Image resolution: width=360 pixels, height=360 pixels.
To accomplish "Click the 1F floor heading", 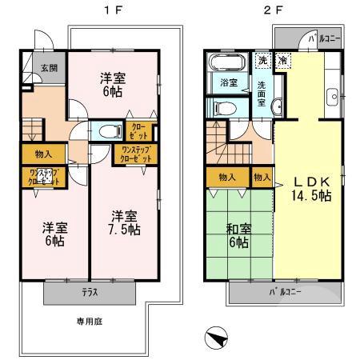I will coord(106,11).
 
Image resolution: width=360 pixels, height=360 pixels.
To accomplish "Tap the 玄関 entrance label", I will coord(28,67).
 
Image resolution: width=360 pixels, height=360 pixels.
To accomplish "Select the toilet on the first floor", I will coord(109,131).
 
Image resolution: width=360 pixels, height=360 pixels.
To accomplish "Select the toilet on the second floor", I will coord(222,107).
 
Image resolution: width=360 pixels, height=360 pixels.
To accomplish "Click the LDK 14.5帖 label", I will coord(306,187).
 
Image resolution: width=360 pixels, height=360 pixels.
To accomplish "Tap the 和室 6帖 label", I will coord(238,237).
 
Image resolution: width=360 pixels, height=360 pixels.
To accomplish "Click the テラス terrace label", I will coord(90,292).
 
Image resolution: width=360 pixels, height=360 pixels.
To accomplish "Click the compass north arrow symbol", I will coord(216,338).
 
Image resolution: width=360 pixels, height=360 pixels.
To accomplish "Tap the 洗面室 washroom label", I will coord(262,85).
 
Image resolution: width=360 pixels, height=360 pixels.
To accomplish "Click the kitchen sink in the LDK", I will coord(334,98).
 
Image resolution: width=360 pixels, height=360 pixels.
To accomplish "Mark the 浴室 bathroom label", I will coord(227,82).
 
